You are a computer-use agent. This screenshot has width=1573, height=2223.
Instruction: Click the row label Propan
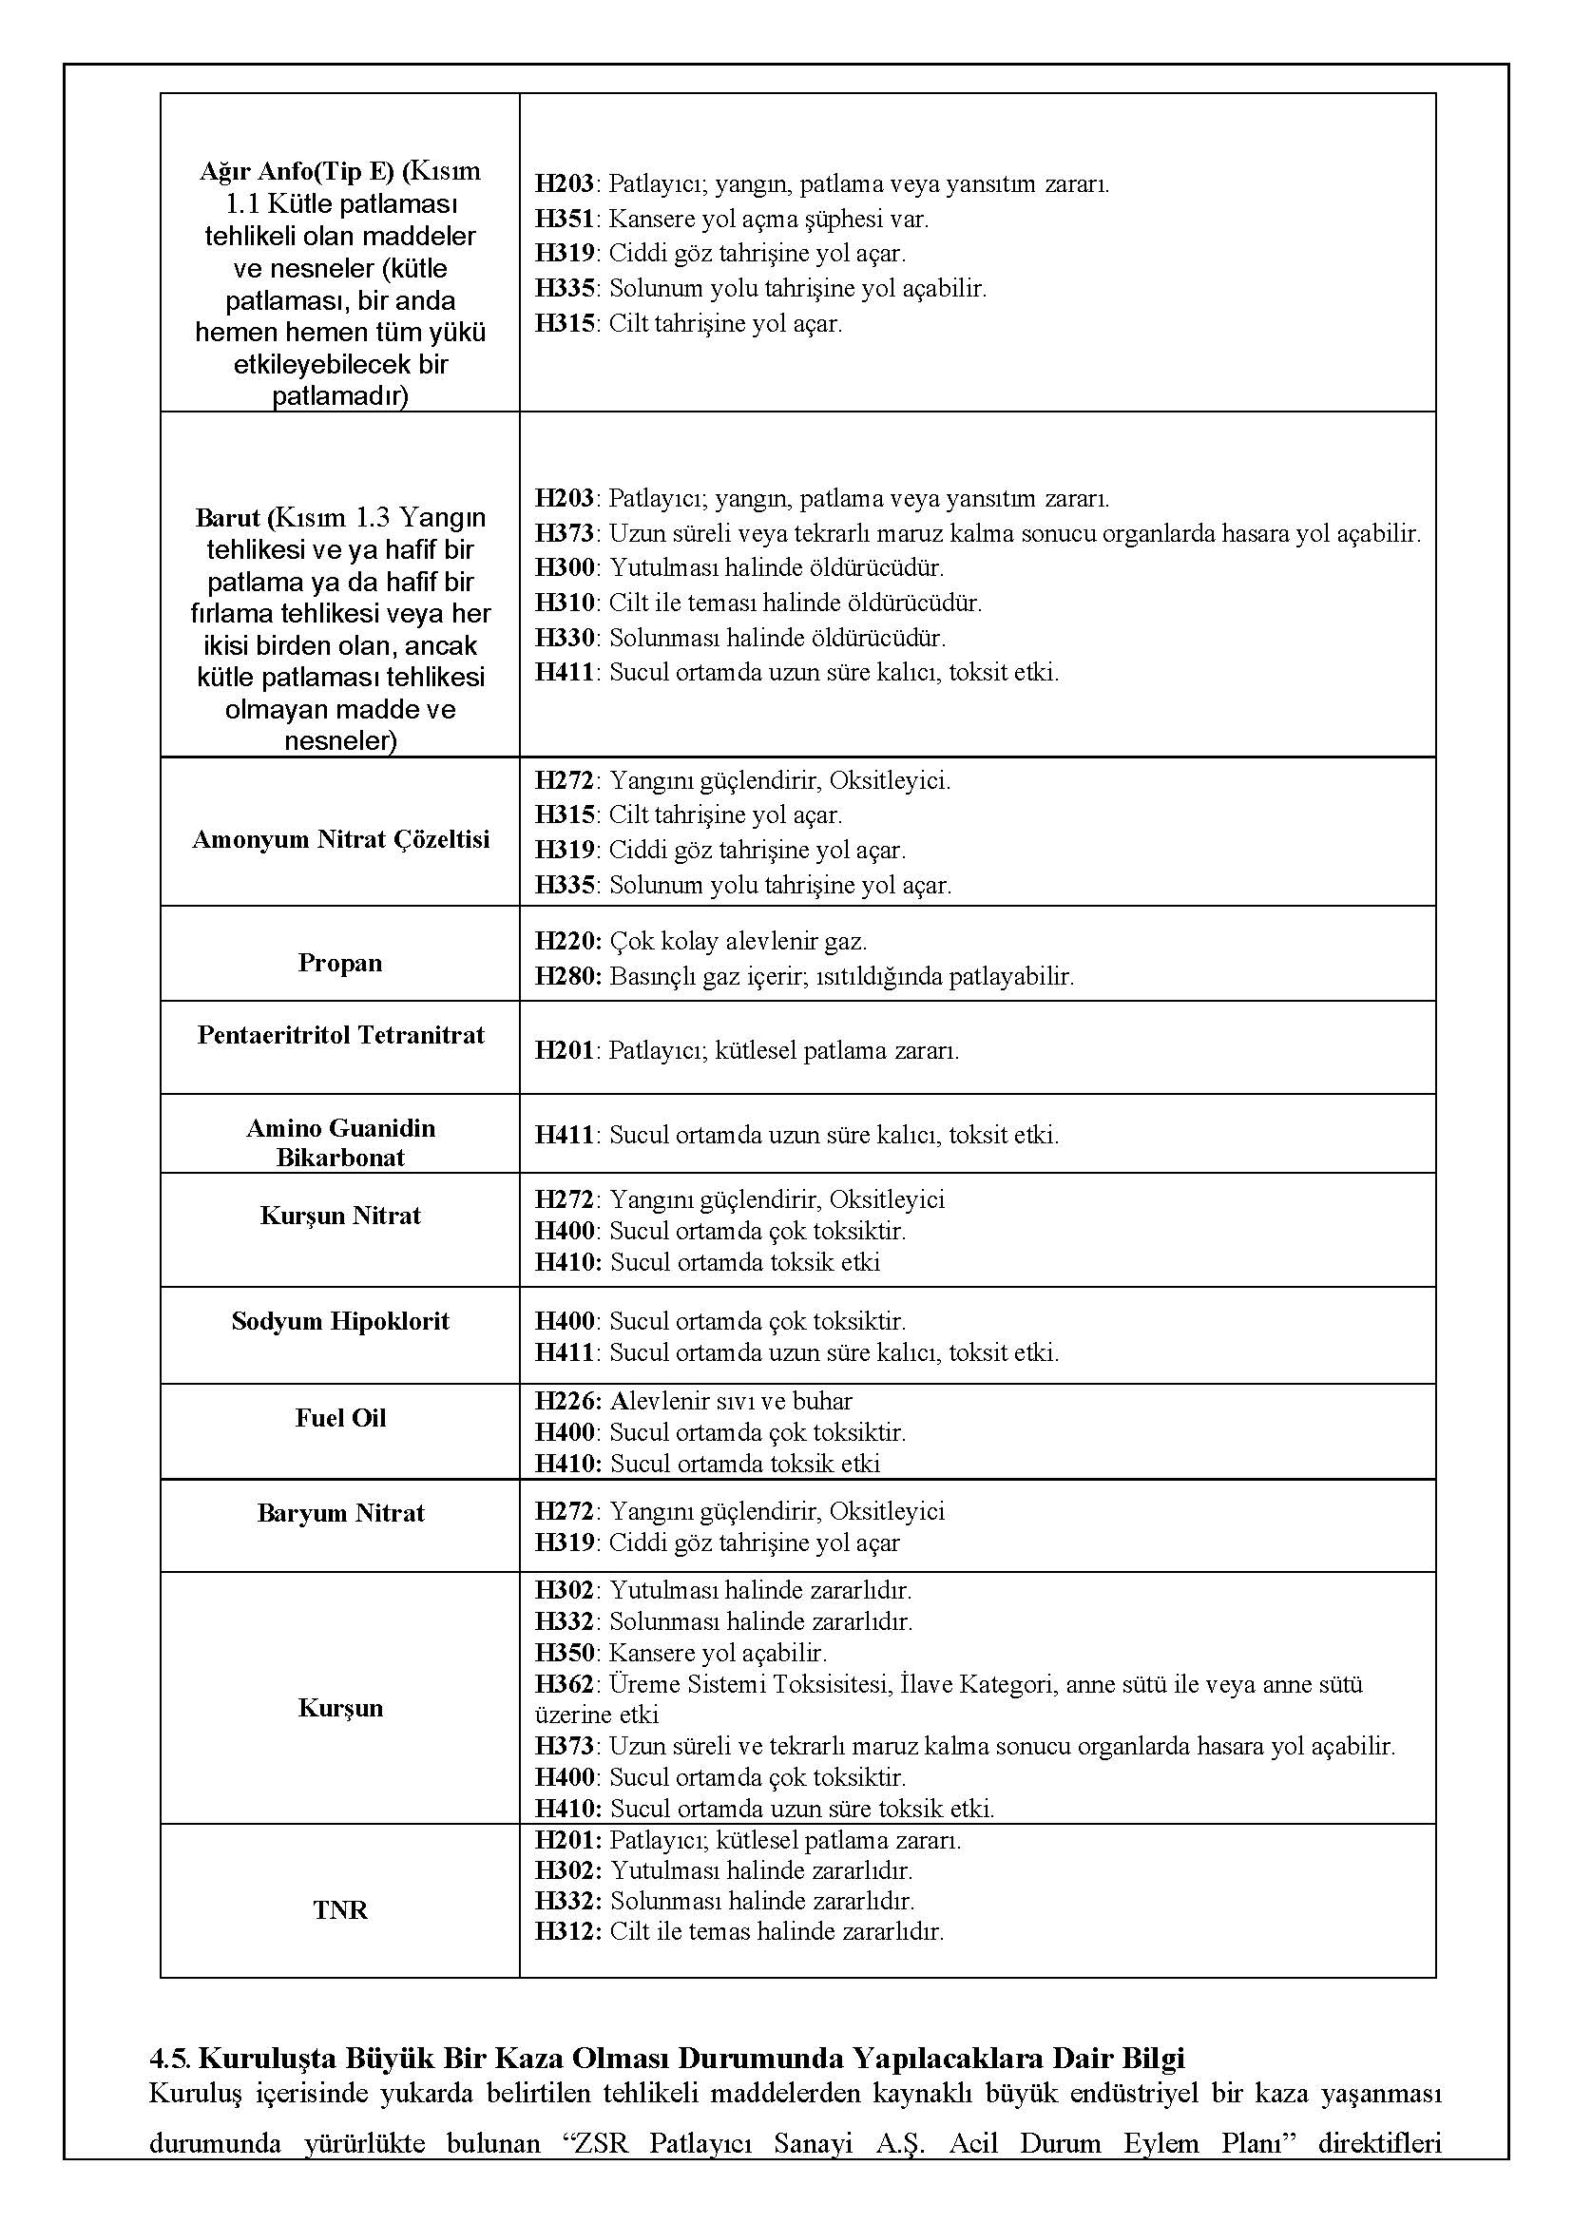pos(340,963)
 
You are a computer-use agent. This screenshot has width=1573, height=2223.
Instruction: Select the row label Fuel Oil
pos(340,1418)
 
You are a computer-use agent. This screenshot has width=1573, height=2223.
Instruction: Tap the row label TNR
pos(340,1910)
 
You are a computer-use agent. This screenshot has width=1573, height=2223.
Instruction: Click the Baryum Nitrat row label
pos(340,1513)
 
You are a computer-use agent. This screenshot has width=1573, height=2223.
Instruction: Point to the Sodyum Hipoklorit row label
pos(340,1321)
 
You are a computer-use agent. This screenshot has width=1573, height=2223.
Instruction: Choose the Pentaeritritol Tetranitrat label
pos(340,1034)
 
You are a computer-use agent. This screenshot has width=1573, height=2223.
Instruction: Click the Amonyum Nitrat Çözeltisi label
pos(340,839)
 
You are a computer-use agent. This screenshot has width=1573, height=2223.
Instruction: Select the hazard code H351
pos(565,219)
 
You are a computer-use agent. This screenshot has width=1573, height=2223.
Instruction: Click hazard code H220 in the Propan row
pos(566,941)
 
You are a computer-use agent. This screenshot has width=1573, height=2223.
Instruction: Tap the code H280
pos(566,975)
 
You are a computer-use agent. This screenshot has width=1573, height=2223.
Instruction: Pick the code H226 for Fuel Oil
pos(566,1401)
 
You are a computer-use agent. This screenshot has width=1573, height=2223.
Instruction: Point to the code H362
pos(565,1684)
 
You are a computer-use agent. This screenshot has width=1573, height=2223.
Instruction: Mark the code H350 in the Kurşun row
pos(565,1653)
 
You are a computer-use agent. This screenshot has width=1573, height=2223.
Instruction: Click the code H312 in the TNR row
pos(566,1931)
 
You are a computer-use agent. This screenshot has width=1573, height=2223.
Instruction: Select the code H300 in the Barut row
pos(565,567)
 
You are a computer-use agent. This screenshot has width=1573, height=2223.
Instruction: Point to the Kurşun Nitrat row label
pos(340,1216)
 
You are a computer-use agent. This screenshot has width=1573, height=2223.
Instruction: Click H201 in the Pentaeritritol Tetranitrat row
pos(565,1051)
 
